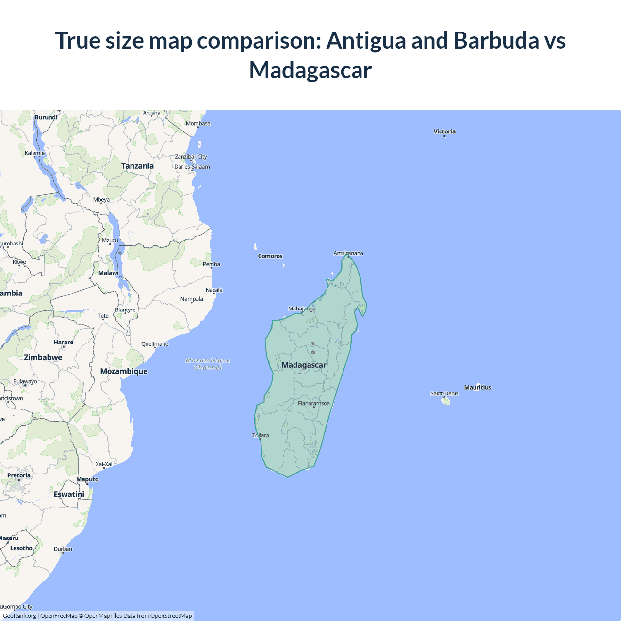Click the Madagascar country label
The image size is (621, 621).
(x=304, y=365)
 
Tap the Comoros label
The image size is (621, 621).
(x=270, y=256)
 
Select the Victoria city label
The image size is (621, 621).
(x=444, y=131)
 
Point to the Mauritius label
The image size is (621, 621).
(x=477, y=387)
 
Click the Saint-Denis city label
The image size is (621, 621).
(x=444, y=393)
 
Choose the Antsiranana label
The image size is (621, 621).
(x=348, y=253)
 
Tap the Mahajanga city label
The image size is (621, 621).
(x=302, y=309)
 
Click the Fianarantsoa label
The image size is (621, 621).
(x=313, y=403)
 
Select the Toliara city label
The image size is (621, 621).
(x=261, y=435)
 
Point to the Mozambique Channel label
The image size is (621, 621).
(x=208, y=364)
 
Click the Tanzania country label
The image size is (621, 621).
(x=137, y=166)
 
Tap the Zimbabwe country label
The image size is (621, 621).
(x=43, y=357)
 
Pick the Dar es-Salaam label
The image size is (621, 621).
(x=192, y=167)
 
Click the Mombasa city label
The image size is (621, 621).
(x=198, y=123)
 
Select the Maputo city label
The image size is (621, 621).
(x=87, y=479)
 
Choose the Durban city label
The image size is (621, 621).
(x=63, y=549)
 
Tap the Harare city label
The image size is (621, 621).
(x=64, y=342)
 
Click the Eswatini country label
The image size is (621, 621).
(x=69, y=494)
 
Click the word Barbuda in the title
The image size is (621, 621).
(x=496, y=40)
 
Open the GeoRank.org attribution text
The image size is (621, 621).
(x=19, y=616)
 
